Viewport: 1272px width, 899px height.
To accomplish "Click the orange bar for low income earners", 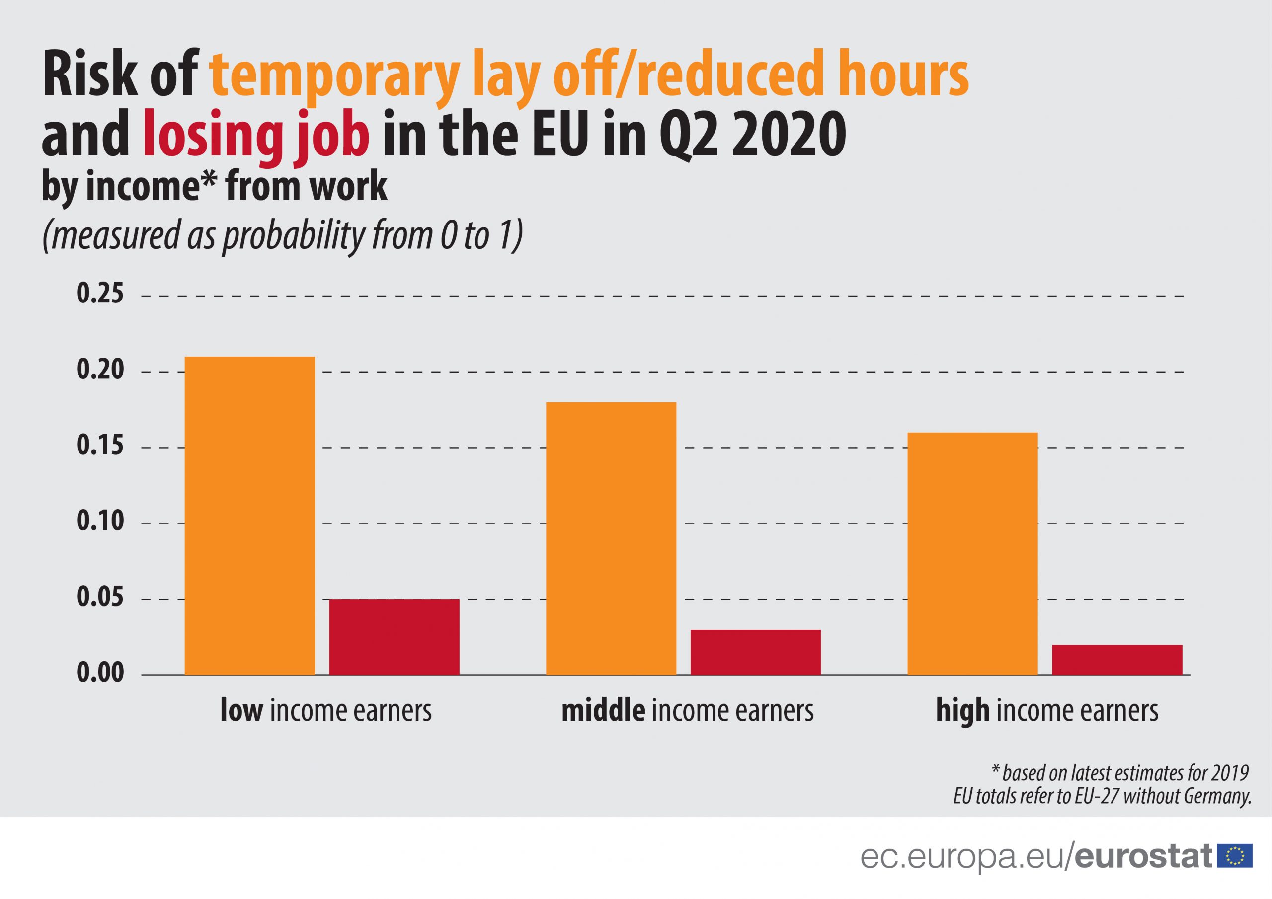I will point(249,516).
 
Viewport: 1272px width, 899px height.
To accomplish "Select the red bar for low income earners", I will point(394,637).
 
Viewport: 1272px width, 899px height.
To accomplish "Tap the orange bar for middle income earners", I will point(611,538).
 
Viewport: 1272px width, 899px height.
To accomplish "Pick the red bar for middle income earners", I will point(755,653).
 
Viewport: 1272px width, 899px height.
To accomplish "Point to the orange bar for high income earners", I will point(972,553).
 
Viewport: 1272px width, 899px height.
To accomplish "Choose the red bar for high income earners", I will point(1117,660).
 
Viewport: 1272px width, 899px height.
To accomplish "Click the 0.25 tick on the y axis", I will point(100,294).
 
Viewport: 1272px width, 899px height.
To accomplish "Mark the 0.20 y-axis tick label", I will point(100,370).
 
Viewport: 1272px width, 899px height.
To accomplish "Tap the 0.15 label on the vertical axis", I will point(100,447).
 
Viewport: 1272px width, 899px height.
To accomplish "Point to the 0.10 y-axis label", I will point(100,523).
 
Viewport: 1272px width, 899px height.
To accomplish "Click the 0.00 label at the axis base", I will point(100,674).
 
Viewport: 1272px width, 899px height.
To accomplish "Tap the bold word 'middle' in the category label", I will point(603,711).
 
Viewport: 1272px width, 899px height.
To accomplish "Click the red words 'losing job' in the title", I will point(256,136).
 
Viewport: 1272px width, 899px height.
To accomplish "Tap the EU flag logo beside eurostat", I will point(1234,856).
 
